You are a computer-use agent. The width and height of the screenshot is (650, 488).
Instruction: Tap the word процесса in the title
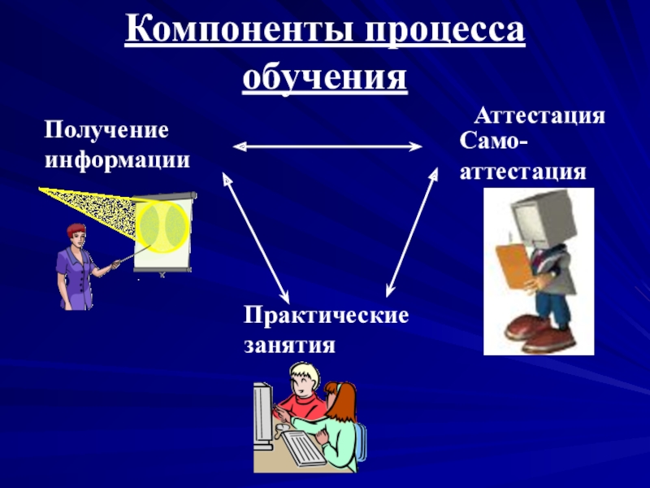click(x=440, y=34)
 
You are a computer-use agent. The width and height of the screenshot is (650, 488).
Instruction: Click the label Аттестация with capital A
click(x=539, y=115)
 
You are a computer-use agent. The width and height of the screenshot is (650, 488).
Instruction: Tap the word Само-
click(x=492, y=143)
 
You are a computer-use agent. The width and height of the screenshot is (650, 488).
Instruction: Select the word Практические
click(x=326, y=315)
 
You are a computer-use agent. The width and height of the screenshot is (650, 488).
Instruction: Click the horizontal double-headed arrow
click(x=327, y=146)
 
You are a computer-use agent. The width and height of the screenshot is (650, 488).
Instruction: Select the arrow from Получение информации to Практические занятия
click(x=256, y=235)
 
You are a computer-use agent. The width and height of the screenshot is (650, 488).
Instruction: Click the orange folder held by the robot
click(x=514, y=262)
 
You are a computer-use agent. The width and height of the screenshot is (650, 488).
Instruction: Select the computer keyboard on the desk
click(x=302, y=449)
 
